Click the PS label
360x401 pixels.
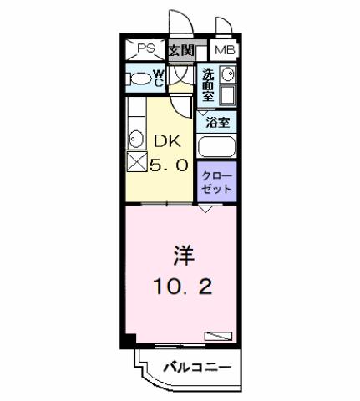[146, 49]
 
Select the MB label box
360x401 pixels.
[224, 50]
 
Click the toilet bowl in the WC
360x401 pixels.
[138, 79]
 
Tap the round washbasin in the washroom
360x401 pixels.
[227, 76]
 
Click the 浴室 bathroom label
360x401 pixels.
[218, 122]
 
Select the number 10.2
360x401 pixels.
[183, 287]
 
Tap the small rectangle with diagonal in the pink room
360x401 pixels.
[217, 336]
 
